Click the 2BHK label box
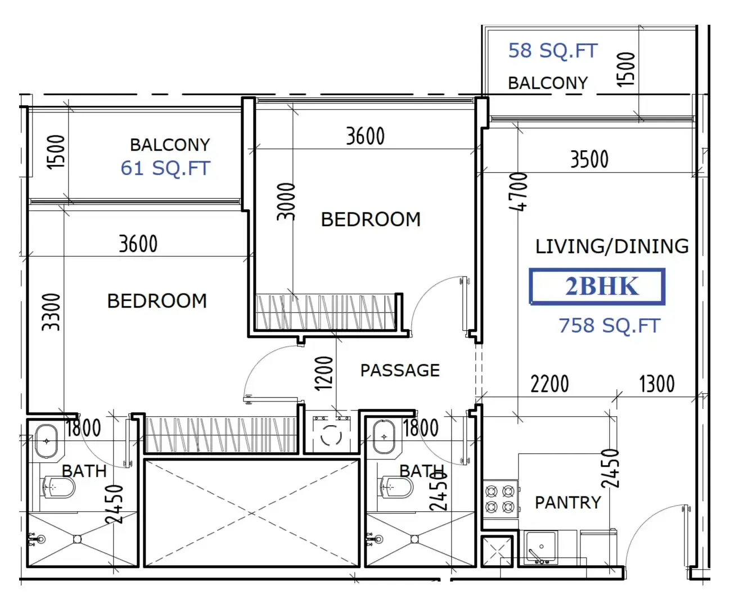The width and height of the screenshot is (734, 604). [x=597, y=286]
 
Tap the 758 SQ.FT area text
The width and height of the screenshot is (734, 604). [x=609, y=326]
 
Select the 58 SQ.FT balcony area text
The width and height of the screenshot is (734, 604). [x=553, y=51]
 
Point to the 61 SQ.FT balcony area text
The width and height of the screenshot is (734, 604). [x=165, y=168]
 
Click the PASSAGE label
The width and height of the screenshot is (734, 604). [x=400, y=370]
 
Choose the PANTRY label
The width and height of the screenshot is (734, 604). [x=568, y=502]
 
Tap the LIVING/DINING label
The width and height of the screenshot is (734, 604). [x=612, y=246]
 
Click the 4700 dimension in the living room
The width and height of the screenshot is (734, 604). [x=518, y=192]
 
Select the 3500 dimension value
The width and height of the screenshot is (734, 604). [x=589, y=159]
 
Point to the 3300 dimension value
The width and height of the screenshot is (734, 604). [x=51, y=312]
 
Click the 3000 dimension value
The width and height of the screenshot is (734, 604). [x=286, y=202]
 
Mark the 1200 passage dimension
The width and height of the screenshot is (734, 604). [x=323, y=373]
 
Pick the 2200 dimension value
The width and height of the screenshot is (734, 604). [x=550, y=384]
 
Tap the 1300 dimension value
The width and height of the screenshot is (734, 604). [x=657, y=384]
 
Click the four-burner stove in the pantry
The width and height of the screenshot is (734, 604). [x=500, y=499]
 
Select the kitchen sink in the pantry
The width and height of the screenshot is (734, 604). [x=541, y=547]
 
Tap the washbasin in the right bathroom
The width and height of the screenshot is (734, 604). [x=384, y=437]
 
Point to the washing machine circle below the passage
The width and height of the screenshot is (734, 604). [x=331, y=436]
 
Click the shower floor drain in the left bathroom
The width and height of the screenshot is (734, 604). [x=77, y=539]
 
